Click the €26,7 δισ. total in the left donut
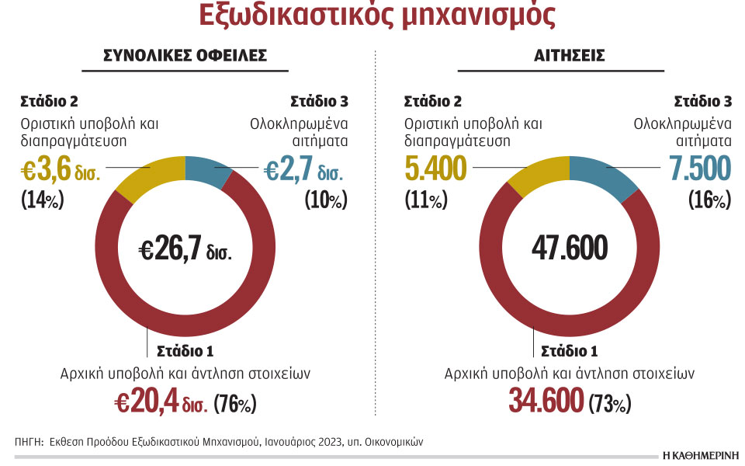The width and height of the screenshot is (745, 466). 185,249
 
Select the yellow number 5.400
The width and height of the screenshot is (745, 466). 435,169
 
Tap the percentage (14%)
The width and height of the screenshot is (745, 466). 42,200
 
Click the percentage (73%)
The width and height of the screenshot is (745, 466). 610,404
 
